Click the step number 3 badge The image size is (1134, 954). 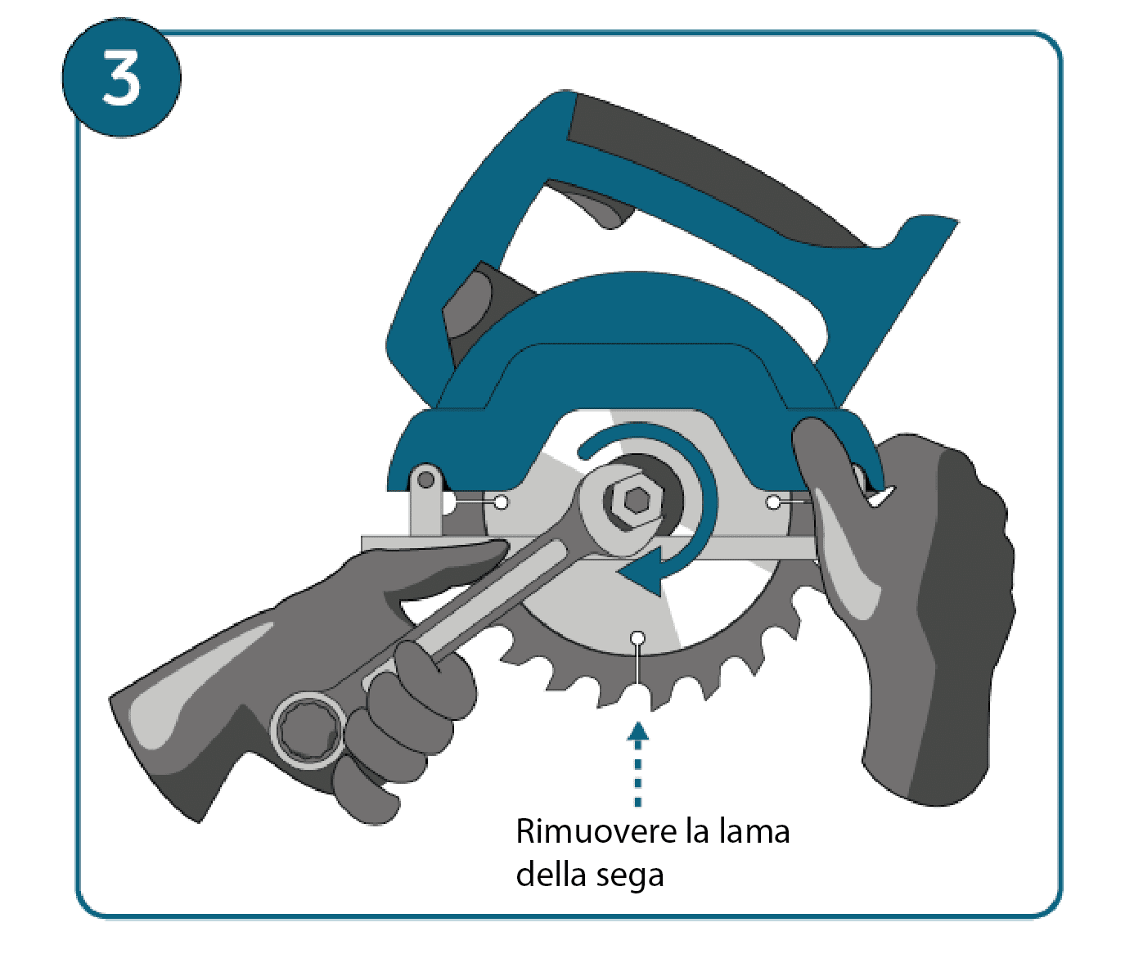click(122, 78)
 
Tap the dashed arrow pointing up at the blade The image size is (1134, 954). click(638, 763)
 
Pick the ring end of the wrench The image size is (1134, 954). click(308, 731)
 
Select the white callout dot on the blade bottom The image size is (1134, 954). click(638, 637)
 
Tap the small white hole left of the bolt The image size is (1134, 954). click(502, 502)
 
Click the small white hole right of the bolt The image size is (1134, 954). click(773, 502)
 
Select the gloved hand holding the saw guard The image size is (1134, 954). click(902, 609)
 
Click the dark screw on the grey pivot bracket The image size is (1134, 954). click(426, 479)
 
